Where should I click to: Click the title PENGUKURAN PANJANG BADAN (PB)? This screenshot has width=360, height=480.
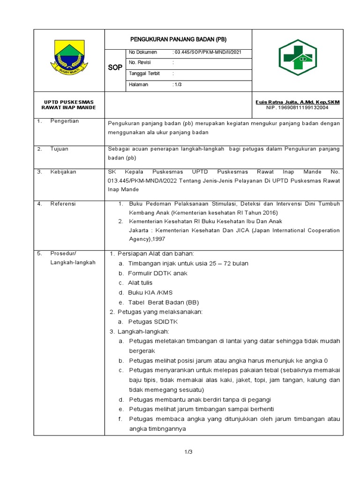(178, 39)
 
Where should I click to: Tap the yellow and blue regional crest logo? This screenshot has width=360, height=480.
(69, 60)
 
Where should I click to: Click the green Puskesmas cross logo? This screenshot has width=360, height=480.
(299, 58)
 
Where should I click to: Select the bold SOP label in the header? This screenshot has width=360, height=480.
(115, 67)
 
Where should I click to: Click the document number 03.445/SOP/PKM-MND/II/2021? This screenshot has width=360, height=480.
(205, 52)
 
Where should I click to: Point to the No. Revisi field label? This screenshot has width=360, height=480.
(139, 62)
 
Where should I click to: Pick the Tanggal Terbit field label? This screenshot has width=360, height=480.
(144, 74)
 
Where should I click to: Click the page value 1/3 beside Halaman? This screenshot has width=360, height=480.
(179, 84)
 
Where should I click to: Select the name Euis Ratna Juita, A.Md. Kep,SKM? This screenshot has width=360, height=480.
(298, 102)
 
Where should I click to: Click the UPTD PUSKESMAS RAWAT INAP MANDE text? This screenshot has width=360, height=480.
(69, 105)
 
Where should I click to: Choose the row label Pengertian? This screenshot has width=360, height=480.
(65, 121)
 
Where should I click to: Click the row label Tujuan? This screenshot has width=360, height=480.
(60, 149)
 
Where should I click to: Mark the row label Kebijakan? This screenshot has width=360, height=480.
(63, 172)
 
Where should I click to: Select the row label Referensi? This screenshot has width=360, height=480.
(63, 204)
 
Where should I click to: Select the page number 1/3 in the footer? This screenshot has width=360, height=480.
(188, 452)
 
